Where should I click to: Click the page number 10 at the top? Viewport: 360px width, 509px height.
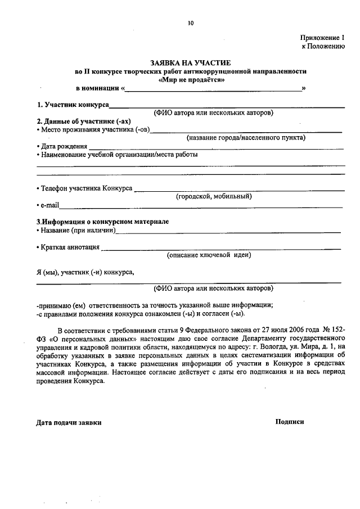(191, 23)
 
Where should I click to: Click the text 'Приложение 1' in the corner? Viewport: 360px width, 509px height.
(322, 37)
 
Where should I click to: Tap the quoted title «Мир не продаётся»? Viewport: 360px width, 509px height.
(191, 79)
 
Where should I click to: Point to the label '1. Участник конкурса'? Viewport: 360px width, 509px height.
(73, 105)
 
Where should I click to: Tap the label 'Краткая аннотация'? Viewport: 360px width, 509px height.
(70, 247)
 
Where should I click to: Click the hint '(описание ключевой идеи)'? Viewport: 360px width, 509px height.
(209, 255)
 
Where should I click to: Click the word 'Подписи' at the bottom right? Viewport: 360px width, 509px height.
(290, 421)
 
